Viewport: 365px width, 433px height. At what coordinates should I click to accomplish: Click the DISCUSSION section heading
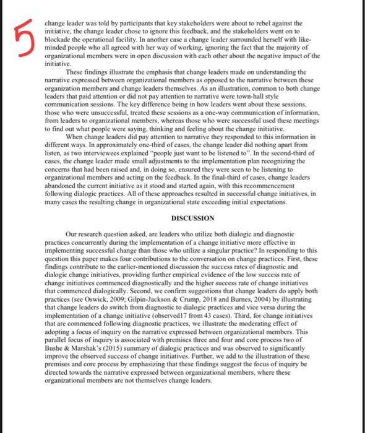click(x=193, y=218)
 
